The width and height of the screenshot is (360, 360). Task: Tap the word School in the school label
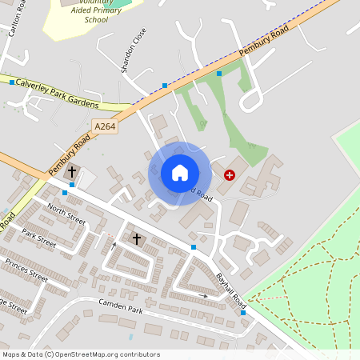pyautogui.click(x=96, y=20)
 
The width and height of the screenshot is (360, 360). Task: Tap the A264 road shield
pyautogui.click(x=104, y=126)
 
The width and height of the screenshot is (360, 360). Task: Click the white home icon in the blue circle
pyautogui.click(x=179, y=173)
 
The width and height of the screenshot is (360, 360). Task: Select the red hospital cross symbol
pyautogui.click(x=230, y=174)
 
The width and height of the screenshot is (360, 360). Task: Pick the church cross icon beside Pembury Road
pyautogui.click(x=71, y=171)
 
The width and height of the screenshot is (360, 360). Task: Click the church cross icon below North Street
pyautogui.click(x=136, y=238)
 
